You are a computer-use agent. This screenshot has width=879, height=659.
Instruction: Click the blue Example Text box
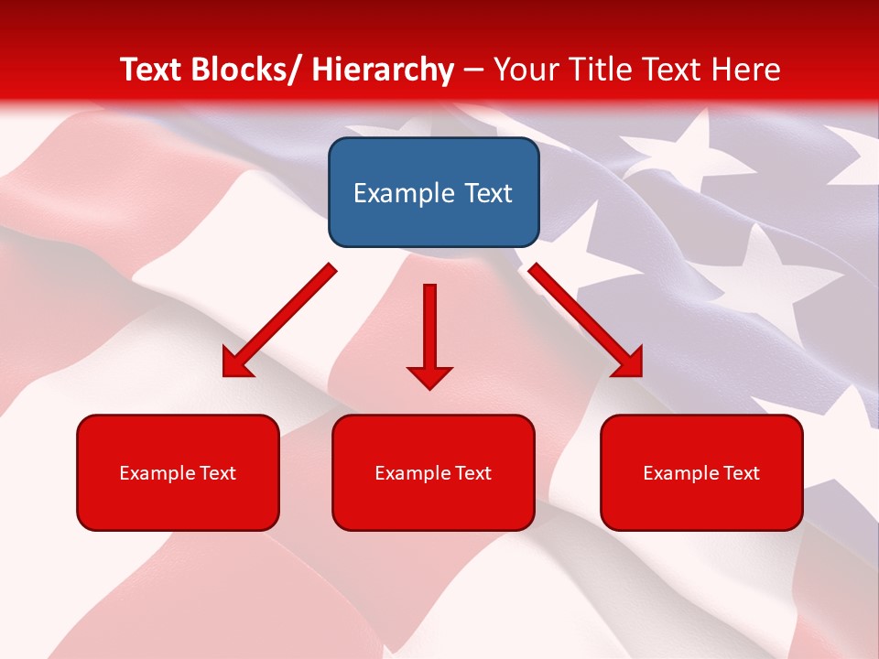click(433, 192)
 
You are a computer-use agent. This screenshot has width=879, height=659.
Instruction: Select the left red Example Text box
click(178, 472)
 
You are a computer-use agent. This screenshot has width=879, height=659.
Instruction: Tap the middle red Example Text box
click(433, 472)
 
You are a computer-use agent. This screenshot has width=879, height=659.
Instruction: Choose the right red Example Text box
click(701, 472)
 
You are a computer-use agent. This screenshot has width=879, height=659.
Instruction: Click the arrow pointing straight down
click(429, 334)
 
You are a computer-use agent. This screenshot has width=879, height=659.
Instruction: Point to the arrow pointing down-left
click(280, 320)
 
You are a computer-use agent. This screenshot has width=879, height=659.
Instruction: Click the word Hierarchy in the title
click(382, 70)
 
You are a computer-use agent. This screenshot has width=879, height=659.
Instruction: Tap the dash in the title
click(473, 70)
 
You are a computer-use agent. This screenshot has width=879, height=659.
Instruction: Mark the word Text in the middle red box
click(472, 473)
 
